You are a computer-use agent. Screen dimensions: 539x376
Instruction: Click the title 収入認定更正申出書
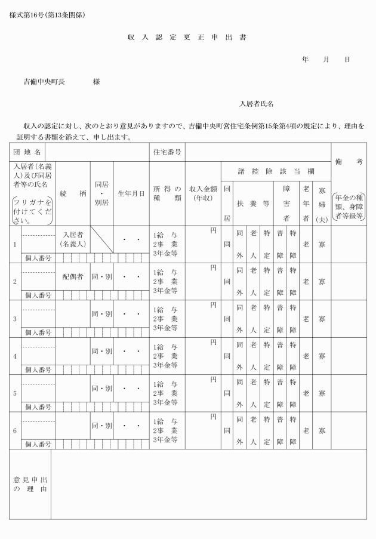187,38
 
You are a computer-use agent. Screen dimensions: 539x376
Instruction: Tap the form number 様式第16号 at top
47,15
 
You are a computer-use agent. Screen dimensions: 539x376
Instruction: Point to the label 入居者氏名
257,104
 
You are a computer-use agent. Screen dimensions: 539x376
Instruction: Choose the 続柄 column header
72,193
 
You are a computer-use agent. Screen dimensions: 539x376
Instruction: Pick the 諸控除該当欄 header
276,171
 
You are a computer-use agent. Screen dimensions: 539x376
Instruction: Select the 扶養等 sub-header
253,203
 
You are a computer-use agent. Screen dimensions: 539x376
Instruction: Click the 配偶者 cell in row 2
72,277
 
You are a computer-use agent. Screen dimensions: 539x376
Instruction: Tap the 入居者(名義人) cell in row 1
72,239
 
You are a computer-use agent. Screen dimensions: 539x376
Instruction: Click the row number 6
15,430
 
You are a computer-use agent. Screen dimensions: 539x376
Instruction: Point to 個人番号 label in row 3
38,332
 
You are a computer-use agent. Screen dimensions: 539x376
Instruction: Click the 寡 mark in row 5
322,393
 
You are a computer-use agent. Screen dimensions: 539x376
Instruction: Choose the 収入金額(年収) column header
203,193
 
